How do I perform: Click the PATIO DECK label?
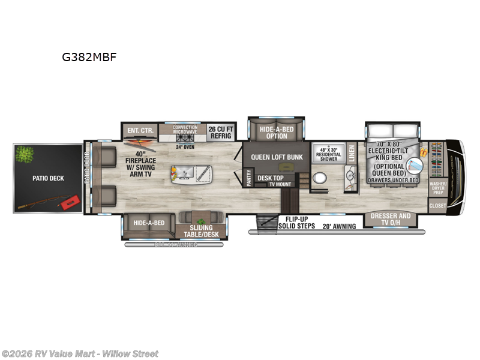pyautogui.click(x=48, y=178)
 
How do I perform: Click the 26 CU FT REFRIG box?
pyautogui.click(x=221, y=132)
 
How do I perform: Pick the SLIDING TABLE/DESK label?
pyautogui.click(x=201, y=230)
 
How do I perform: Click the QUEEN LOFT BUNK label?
pyautogui.click(x=277, y=157)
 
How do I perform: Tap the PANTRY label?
pyautogui.click(x=249, y=178)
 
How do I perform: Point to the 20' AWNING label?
pyautogui.click(x=340, y=226)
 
